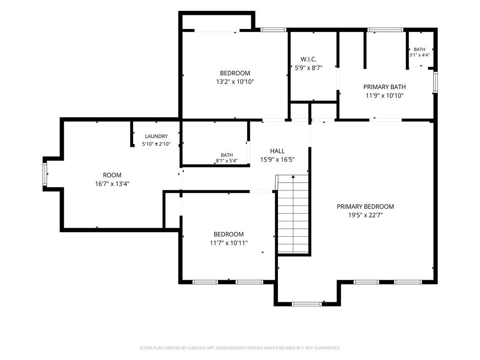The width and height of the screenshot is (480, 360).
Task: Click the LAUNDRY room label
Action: tap(156, 136)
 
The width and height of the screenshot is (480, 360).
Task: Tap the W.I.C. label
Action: tap(308, 59)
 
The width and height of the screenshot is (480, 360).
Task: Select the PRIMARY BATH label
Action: tap(384, 87)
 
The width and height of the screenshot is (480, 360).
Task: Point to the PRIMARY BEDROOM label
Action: tap(365, 207)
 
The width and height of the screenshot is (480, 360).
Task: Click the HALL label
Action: tap(277, 151)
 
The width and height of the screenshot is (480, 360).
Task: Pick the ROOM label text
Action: tap(112, 175)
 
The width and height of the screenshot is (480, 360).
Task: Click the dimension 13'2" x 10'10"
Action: tap(235, 82)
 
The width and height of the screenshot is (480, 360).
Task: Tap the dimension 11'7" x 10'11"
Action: tap(229, 243)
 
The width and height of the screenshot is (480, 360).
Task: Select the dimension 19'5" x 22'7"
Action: tap(366, 215)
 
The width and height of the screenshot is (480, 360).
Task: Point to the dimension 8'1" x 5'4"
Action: tap(227, 160)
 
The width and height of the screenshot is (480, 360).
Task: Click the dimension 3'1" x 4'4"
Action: tap(420, 55)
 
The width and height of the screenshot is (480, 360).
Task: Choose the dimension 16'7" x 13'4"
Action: tap(112, 184)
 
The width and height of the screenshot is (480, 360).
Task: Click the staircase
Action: tap(293, 214)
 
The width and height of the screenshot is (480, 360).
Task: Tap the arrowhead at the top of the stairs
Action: tap(293, 176)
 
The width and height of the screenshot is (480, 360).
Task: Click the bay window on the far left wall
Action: tap(45, 174)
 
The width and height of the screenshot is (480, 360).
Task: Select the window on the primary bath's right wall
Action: tap(435, 82)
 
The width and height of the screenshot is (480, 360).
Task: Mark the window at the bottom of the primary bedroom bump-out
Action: tap(307, 304)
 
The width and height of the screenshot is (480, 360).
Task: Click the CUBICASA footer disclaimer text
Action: tap(240, 348)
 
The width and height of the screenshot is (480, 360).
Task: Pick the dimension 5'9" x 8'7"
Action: tap(308, 68)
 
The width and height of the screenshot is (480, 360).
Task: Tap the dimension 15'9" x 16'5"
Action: tap(277, 159)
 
